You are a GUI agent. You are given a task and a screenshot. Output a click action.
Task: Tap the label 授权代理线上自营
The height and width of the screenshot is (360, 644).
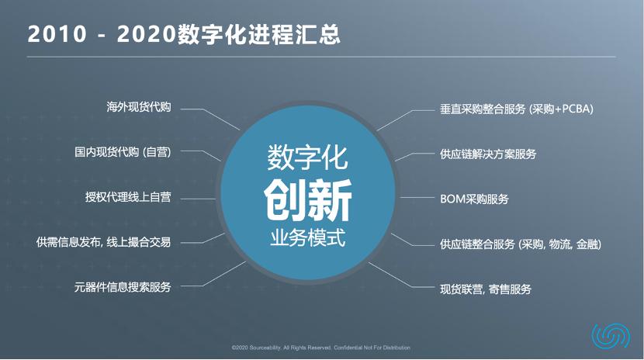tap(127, 197)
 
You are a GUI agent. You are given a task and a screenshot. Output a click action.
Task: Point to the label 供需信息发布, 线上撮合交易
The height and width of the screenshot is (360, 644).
tap(103, 241)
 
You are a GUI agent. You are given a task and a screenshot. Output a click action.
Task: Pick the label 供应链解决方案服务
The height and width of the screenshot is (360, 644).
tap(487, 154)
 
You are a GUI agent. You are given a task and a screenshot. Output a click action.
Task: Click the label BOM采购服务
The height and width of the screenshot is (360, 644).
tap(473, 199)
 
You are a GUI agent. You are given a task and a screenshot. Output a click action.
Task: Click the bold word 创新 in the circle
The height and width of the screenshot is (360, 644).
tap(308, 200)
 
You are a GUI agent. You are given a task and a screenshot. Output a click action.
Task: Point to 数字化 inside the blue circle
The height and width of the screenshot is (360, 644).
tap(308, 158)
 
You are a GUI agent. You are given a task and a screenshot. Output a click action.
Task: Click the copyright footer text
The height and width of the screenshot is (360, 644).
tap(321, 348)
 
